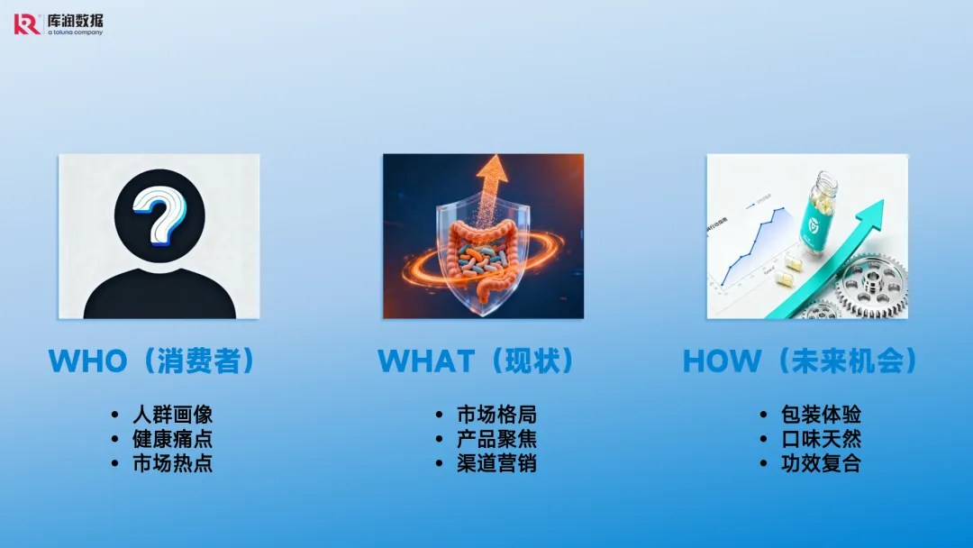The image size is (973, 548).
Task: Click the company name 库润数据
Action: pos(75,21)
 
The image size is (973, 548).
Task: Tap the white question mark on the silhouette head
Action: pos(159,215)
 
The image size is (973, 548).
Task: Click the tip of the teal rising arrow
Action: pos(881,200)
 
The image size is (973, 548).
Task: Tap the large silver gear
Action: pos(870,288)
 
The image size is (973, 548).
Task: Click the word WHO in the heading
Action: pos(87,361)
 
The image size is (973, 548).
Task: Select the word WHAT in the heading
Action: pos(426,361)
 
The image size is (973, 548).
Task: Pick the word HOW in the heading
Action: pos(722,361)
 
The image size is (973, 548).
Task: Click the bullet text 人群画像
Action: pos(172,414)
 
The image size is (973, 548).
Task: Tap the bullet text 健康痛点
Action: pos(172,439)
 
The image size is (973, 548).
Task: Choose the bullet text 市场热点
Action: pos(172,463)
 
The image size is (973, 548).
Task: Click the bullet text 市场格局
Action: pos(496,414)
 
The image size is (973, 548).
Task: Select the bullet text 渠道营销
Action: pos(496,463)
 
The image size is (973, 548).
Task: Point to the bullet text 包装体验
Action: pos(821,414)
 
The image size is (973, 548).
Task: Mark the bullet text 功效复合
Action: pos(821,463)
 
